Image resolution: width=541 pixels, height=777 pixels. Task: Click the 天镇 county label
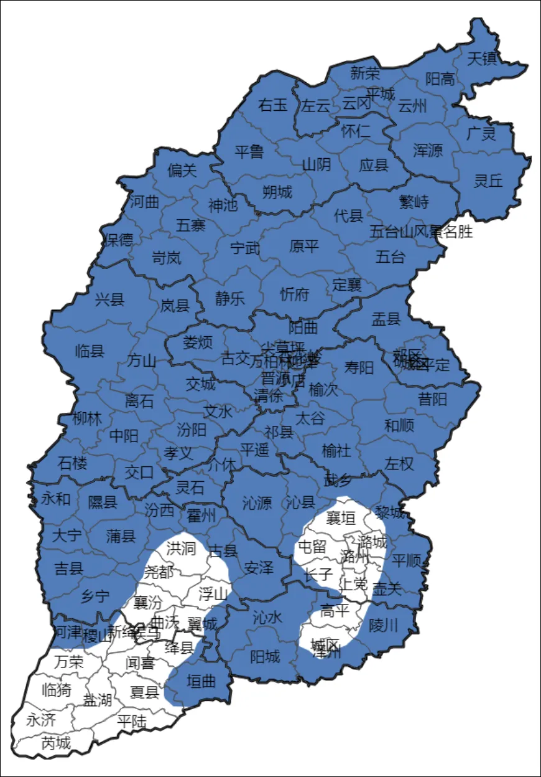(481, 59)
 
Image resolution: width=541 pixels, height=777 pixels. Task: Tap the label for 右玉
(273, 105)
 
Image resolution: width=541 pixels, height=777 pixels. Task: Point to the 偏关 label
(182, 170)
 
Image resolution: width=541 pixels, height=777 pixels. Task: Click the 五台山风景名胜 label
(421, 232)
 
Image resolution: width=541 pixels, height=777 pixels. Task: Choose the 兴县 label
(109, 301)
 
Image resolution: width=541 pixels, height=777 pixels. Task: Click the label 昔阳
(432, 399)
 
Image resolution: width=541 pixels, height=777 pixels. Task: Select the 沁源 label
(257, 503)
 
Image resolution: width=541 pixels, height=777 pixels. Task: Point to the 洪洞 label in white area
(181, 549)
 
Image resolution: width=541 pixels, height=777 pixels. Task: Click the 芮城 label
(56, 743)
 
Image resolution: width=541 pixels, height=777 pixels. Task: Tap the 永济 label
(41, 720)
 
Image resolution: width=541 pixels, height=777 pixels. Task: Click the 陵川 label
(383, 625)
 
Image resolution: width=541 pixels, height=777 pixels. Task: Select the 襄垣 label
(341, 518)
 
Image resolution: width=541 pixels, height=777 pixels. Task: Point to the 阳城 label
(265, 656)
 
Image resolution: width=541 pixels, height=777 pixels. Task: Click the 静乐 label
(230, 298)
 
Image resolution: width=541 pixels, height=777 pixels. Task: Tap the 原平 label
(304, 246)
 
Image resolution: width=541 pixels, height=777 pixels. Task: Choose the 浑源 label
(428, 150)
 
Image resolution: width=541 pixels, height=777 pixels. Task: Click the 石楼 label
(73, 463)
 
